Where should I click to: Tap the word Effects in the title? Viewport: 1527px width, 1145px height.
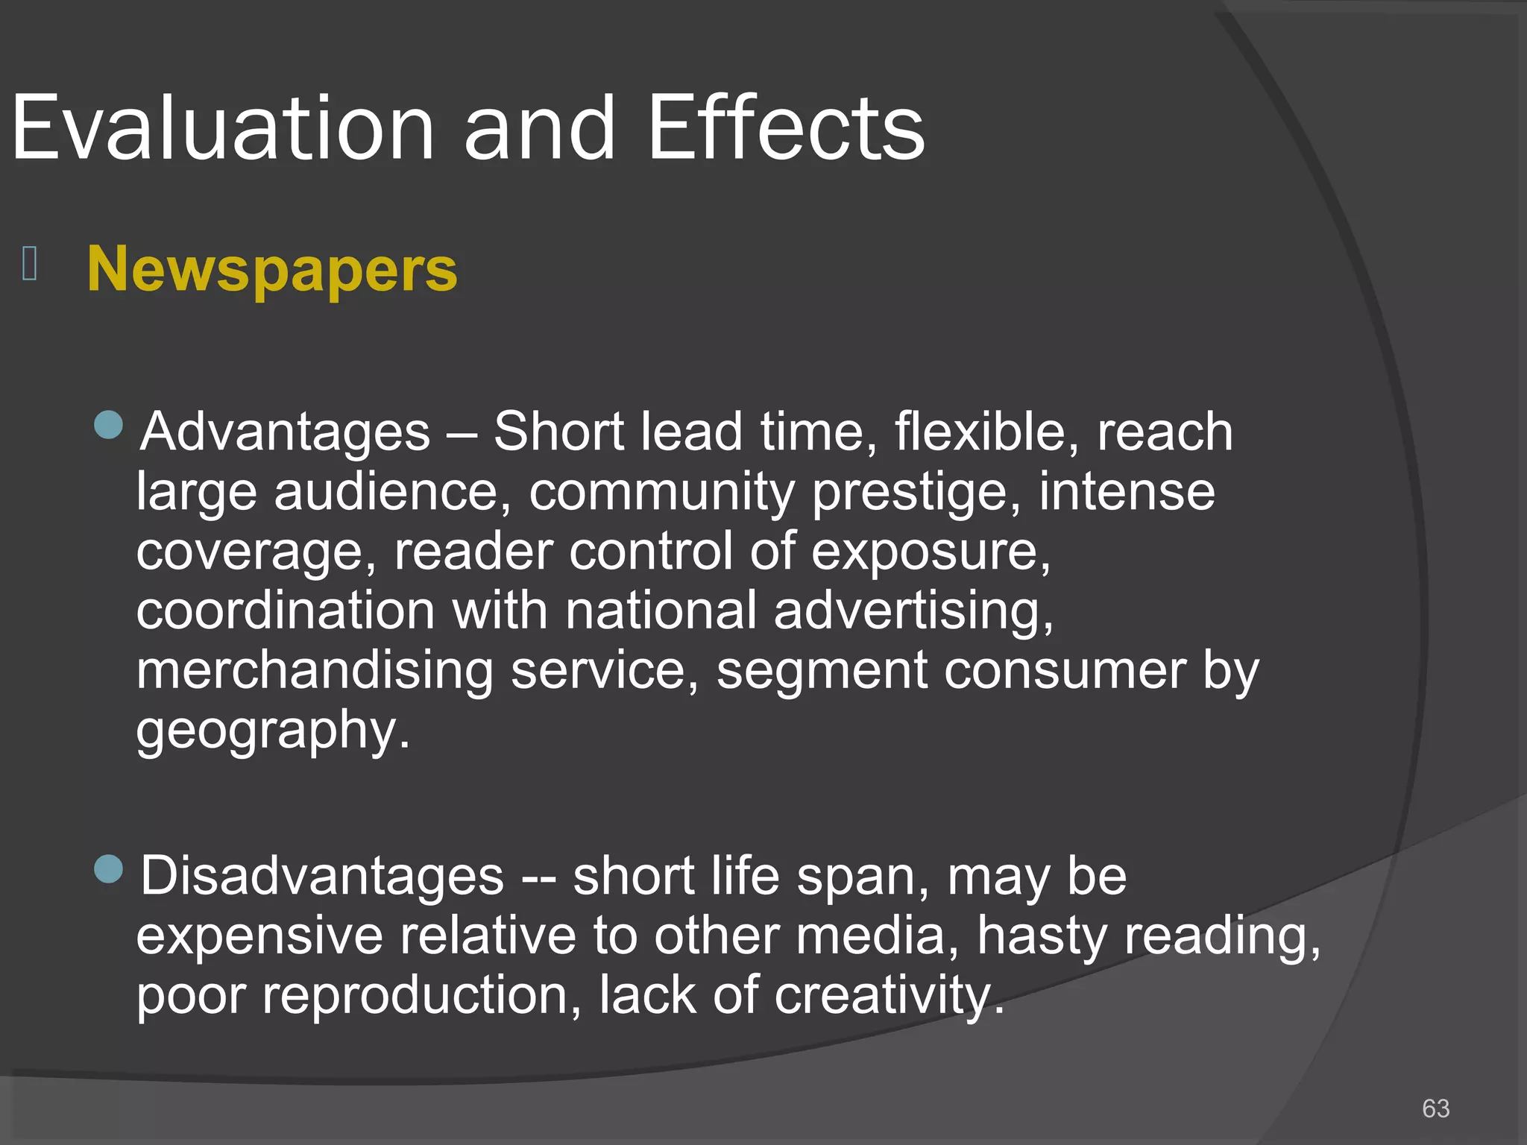point(786,128)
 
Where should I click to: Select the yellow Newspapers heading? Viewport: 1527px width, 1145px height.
point(272,269)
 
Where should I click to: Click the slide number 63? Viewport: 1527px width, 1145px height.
point(1435,1108)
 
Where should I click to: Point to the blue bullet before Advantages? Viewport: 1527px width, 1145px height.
point(109,425)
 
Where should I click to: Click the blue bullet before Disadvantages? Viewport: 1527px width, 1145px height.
point(109,868)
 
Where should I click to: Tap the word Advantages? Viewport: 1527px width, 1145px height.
point(286,432)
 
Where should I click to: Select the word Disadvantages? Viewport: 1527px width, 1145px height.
point(322,876)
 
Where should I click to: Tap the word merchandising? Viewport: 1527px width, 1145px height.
point(315,670)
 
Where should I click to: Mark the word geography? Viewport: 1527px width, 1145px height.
point(273,731)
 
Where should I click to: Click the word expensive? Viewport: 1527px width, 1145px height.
point(259,936)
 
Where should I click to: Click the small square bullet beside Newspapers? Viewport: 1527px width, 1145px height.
point(30,264)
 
